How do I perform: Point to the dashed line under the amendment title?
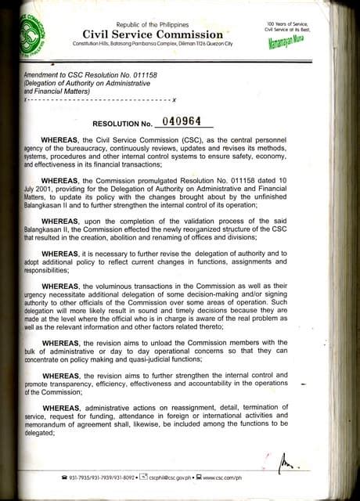(98, 102)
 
